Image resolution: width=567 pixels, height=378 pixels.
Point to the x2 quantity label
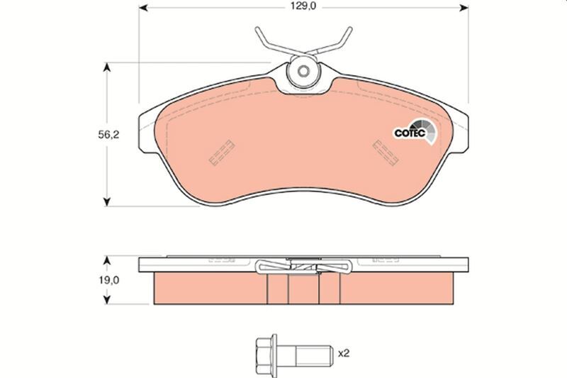pos(345,352)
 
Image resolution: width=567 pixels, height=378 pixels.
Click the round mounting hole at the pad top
pos(304,72)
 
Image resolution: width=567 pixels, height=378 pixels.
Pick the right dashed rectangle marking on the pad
pos(387,151)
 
